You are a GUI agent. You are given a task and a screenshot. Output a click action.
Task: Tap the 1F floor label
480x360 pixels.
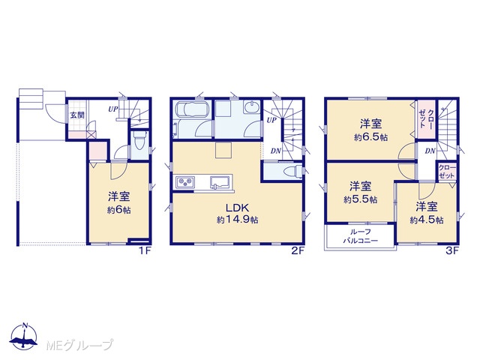click(x=145, y=251)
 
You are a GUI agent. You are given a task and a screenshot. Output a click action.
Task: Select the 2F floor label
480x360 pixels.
click(x=298, y=251)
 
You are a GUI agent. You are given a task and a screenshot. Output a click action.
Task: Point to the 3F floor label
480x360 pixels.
click(x=451, y=251)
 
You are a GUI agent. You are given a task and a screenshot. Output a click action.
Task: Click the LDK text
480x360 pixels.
click(x=237, y=208)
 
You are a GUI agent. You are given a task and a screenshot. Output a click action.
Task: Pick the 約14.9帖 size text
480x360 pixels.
click(x=237, y=220)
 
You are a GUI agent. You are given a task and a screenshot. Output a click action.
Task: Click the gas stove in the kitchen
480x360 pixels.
click(x=185, y=181)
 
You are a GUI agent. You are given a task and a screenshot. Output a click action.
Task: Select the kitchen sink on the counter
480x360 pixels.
click(x=220, y=181)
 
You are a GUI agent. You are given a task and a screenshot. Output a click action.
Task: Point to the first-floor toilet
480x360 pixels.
click(x=139, y=142)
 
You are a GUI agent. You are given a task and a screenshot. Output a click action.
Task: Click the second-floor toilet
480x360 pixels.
click(x=292, y=172)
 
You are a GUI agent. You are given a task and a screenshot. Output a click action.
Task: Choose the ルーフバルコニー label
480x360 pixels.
click(x=360, y=236)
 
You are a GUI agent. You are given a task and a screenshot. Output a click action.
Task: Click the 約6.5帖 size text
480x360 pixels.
click(x=371, y=137)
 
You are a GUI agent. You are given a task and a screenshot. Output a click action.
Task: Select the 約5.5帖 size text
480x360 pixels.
click(x=360, y=200)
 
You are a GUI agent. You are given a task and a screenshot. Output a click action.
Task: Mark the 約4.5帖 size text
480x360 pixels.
click(x=427, y=220)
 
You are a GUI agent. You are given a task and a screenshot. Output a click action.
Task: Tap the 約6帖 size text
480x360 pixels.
click(x=119, y=210)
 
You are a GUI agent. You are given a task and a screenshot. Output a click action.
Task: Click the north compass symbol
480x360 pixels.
click(x=24, y=336)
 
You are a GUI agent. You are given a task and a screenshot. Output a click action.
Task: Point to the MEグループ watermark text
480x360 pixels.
click(x=80, y=345)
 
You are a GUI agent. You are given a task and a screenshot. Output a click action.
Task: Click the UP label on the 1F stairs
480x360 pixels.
click(x=112, y=109)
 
